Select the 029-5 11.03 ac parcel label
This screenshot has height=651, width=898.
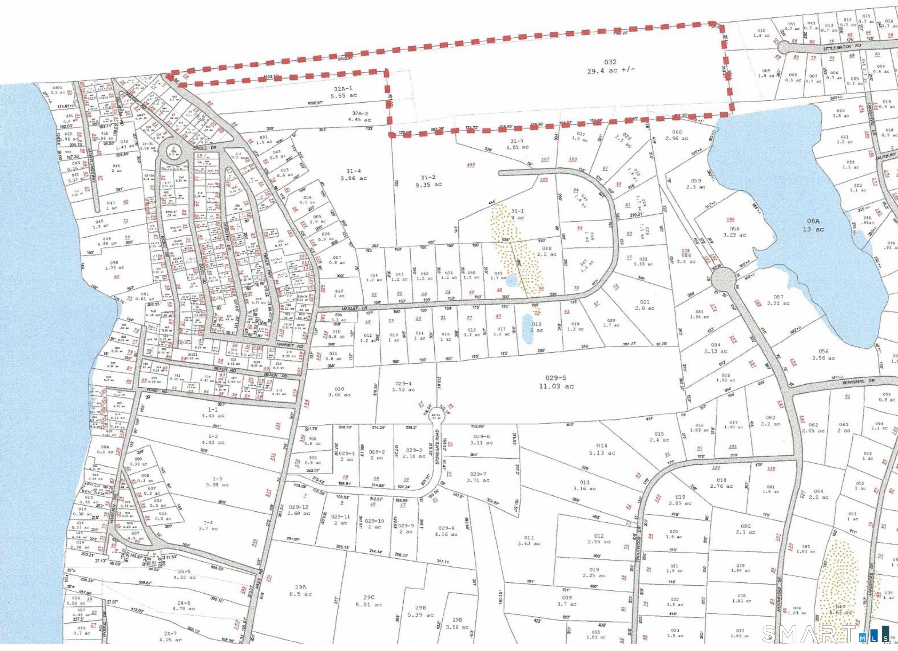[x=556, y=382]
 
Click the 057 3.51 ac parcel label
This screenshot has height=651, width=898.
[x=775, y=300]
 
